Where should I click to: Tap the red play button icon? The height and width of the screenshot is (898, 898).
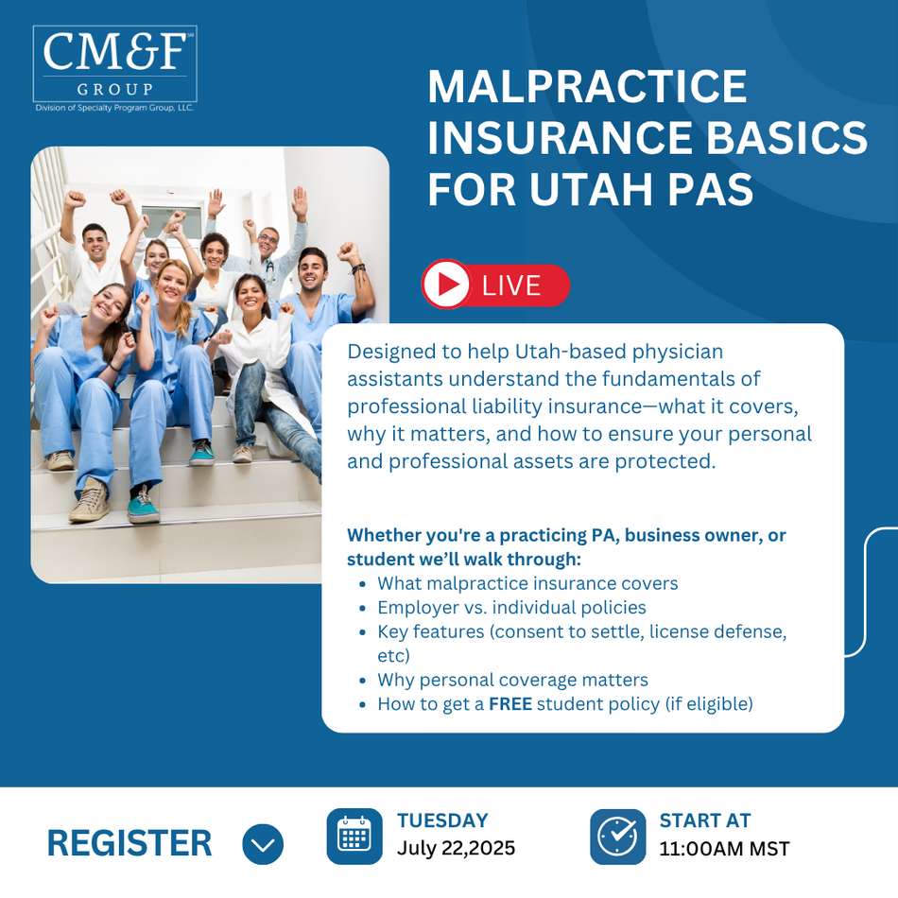446,285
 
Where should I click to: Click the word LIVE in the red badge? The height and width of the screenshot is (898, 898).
511,285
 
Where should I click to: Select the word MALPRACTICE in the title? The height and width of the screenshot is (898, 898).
588,86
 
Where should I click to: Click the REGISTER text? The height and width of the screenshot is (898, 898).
130,843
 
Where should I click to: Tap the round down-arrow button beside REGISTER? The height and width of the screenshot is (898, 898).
263,844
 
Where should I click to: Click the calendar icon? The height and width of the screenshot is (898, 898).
354,837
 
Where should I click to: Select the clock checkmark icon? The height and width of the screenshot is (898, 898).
617,837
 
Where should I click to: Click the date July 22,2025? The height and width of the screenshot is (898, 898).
457,848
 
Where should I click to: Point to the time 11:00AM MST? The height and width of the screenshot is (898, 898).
724,849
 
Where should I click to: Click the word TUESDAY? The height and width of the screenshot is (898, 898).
442,820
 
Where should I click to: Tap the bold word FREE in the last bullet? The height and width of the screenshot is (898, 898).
510,704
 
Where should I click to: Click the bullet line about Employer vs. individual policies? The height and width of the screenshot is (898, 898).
511,607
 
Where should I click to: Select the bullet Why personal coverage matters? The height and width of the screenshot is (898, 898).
512,680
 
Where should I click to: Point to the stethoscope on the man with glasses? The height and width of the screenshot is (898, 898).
268,267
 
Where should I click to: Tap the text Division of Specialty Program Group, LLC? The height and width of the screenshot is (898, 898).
114,108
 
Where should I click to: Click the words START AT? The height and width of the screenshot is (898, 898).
705,820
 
